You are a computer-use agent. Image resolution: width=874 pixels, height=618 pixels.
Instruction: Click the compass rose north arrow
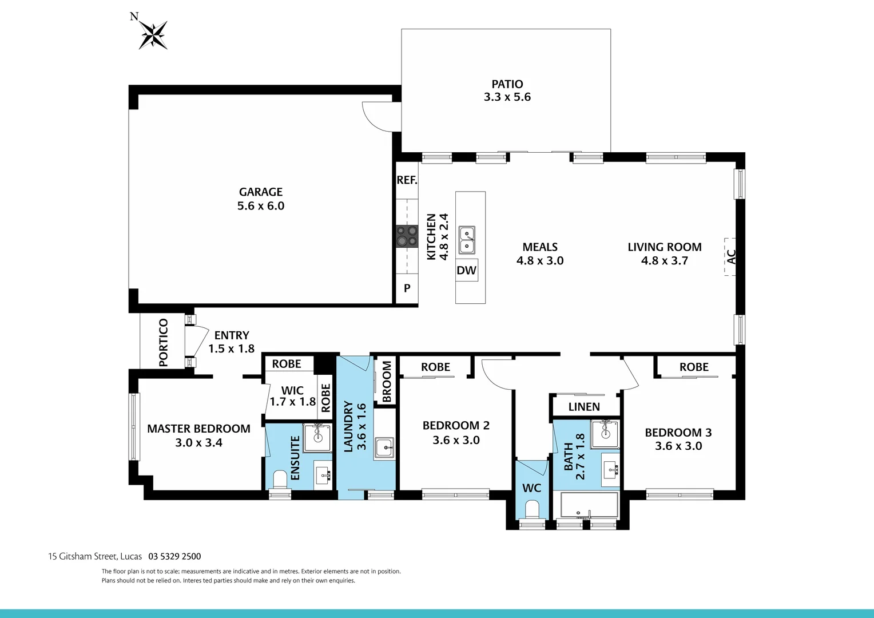coord(153,34)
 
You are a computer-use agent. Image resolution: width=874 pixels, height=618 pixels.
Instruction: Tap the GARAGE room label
coord(261,192)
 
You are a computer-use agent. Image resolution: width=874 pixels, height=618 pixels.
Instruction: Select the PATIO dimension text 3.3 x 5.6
coord(507,97)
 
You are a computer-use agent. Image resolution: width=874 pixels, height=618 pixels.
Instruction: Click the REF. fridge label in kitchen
coord(407,180)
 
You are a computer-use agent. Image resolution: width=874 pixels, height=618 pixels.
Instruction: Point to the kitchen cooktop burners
coord(407,236)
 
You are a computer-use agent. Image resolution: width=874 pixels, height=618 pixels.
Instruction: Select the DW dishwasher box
coord(466,271)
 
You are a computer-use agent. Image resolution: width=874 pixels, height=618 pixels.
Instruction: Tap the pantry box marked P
coord(407,288)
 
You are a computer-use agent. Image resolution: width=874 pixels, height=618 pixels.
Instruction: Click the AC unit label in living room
coord(730,257)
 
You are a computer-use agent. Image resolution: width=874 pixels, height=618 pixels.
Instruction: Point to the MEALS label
coord(539,247)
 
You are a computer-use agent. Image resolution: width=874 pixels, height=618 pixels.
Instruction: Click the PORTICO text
coord(164,342)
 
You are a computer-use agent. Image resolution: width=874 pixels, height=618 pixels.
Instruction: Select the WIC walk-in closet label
coord(292,390)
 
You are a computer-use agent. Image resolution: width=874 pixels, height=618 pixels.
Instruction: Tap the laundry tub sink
coord(384,447)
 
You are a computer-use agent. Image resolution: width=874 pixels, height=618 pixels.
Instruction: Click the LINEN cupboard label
coord(584,407)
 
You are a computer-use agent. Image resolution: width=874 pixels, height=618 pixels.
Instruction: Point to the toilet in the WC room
coord(532,509)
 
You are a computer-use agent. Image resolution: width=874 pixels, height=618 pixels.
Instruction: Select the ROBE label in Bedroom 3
coord(694,367)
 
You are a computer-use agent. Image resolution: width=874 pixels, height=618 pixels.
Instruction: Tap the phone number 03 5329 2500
coord(174,556)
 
